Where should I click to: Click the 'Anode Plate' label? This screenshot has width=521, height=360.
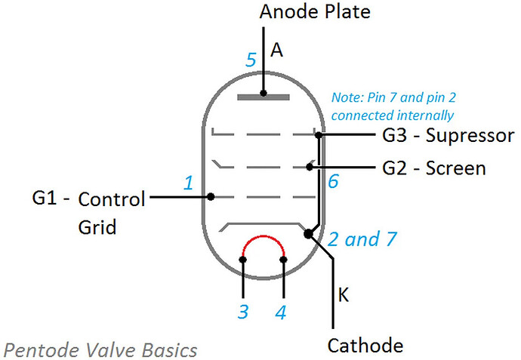tap(315, 11)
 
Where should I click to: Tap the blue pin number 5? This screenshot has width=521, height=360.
tap(251, 60)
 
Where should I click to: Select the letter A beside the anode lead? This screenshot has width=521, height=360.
tap(276, 51)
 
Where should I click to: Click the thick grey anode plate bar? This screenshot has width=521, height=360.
tap(264, 97)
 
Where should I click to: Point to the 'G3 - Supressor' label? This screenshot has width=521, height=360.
tap(449, 136)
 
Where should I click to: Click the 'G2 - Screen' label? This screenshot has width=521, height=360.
tap(434, 168)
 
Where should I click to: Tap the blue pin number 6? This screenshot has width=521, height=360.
tap(333, 181)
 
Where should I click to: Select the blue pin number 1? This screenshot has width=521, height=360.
tap(189, 183)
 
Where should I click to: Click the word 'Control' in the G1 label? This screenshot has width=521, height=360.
tap(112, 199)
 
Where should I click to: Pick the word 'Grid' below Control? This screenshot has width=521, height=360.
tap(97, 227)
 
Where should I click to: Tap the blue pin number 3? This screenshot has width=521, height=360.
tap(243, 312)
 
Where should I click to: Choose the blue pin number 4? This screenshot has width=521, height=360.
tap(281, 312)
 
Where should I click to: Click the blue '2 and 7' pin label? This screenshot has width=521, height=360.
tap(362, 239)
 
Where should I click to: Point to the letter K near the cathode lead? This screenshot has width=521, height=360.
tap(344, 295)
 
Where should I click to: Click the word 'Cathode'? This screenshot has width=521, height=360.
tap(365, 346)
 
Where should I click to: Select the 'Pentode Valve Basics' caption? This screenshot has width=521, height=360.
tap(100, 350)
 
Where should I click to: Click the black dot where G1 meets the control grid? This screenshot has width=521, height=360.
tap(211, 197)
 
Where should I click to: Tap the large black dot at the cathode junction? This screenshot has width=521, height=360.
tap(308, 234)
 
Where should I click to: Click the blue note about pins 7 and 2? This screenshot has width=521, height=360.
tap(393, 106)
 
